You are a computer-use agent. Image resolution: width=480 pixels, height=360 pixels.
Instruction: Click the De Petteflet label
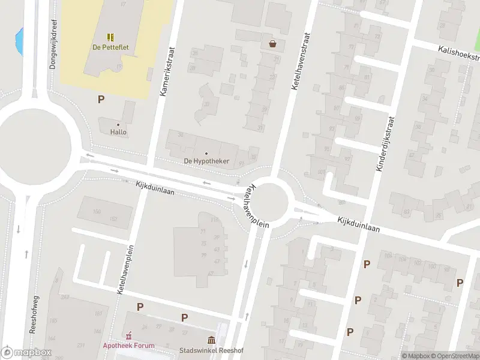[111, 48]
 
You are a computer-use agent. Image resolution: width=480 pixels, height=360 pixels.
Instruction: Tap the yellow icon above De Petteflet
[111, 37]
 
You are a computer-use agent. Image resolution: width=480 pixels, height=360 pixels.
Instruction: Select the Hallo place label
[118, 132]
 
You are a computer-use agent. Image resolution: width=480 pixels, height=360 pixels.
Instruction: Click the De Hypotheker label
[206, 161]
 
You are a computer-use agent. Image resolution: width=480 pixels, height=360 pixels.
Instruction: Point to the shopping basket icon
[273, 43]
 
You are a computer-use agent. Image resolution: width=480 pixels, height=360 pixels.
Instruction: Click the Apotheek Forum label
[128, 346]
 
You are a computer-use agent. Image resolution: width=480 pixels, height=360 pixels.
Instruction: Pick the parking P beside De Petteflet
[101, 100]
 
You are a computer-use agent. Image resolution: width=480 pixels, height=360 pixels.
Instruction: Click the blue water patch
[19, 40]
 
